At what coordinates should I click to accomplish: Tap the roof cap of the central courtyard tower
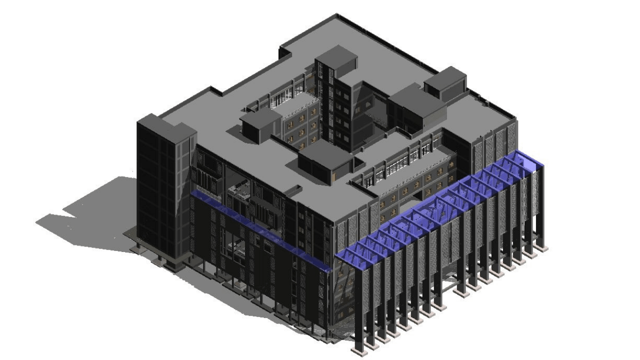point(336,56)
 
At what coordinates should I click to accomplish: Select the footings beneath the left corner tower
point(165,260)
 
